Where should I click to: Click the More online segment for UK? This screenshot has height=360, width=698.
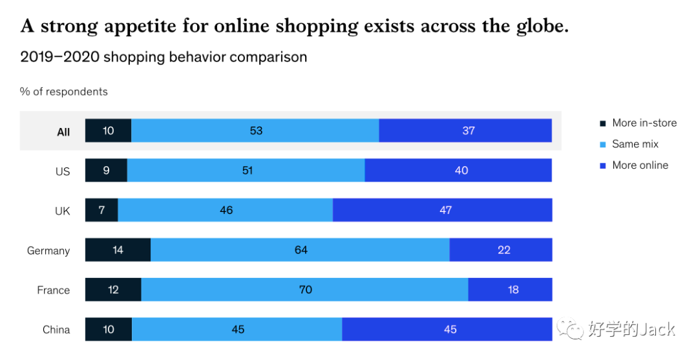[x=442, y=210]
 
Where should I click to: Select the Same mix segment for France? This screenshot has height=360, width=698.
[x=304, y=290]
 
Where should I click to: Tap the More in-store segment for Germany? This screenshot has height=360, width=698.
[x=118, y=249]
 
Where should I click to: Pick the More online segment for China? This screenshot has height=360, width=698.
[x=447, y=330]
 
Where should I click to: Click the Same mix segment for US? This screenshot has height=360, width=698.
[x=246, y=171]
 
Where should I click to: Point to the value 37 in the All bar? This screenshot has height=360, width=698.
[x=469, y=131]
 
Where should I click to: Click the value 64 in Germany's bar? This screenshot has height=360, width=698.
[x=301, y=249]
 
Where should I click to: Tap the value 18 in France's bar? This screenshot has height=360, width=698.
[x=513, y=290]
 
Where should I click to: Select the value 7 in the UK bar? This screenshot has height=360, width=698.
[x=101, y=210]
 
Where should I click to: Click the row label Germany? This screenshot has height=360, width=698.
[x=48, y=251]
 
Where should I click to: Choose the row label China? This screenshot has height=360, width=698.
[x=56, y=330]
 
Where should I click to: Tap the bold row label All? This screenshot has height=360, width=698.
[x=63, y=132]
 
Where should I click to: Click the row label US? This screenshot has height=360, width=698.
[x=63, y=172]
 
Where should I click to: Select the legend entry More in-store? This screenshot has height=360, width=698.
[x=644, y=123]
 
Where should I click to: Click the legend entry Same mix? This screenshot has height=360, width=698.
[x=635, y=144]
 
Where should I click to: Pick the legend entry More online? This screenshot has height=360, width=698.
[x=640, y=165]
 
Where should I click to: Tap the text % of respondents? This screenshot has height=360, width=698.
[x=64, y=92]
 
